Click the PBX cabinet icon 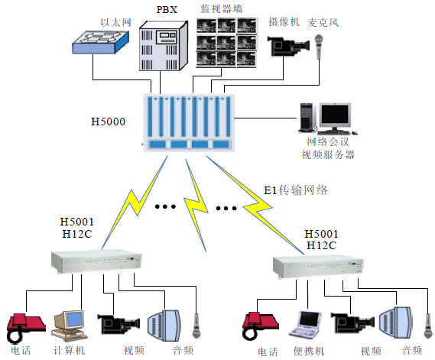coord(162,44)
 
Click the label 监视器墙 coord(222,8)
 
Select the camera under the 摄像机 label coord(289,44)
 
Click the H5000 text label coord(108,122)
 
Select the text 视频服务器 coord(328,154)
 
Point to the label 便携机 coord(310,352)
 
